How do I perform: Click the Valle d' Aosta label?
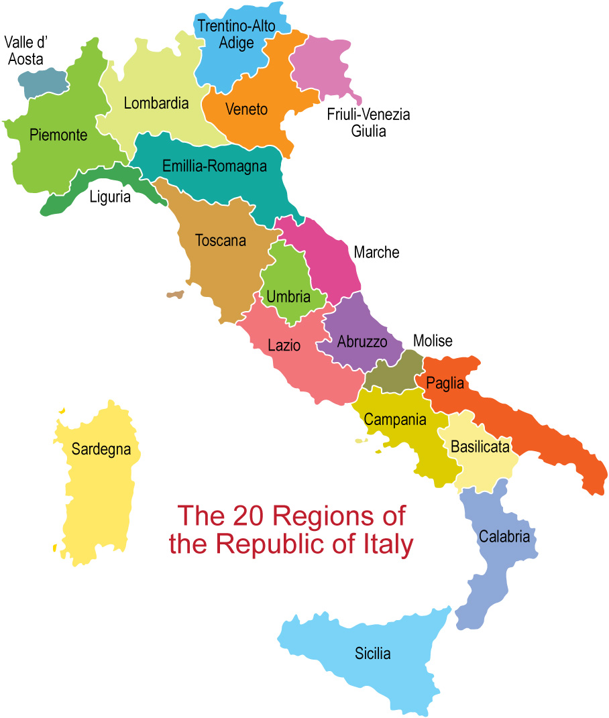pos(27,51)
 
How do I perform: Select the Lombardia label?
pos(156,104)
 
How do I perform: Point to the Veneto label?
pos(246,109)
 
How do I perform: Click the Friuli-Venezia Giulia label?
pos(368,123)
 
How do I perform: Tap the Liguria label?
pos(110,198)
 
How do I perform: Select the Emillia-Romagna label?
pos(215,166)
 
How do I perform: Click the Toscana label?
pos(221,240)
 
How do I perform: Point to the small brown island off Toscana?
pos(175,294)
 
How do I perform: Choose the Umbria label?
pos(288,296)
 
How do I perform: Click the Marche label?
pos(376,253)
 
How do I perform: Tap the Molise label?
pos(433,341)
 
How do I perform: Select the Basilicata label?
pos(480,446)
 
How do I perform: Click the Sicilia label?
pos(373,654)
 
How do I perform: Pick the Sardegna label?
pos(101,449)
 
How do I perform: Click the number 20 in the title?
pos(250,516)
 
